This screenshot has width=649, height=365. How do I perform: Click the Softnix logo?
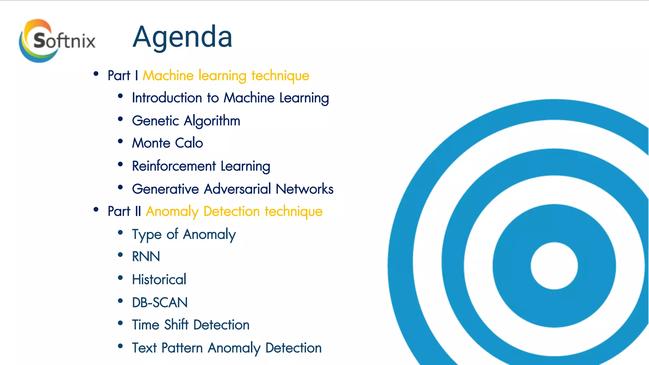(x=57, y=41)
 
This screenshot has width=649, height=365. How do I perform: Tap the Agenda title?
(x=182, y=37)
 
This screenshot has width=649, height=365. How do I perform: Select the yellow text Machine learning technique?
(x=226, y=76)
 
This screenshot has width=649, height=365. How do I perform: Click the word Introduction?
(x=167, y=98)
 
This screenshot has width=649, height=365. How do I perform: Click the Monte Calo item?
(x=167, y=143)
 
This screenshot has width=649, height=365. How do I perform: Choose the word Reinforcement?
(x=174, y=166)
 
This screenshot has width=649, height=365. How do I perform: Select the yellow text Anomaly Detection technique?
(x=234, y=211)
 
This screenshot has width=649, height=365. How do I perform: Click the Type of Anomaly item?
(x=184, y=235)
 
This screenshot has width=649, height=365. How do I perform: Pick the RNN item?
(x=146, y=257)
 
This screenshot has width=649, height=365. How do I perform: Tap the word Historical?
(x=159, y=279)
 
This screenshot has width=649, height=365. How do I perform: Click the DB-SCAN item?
(x=160, y=303)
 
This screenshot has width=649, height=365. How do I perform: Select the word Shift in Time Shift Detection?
(x=176, y=325)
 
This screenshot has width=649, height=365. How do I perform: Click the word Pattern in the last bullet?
(x=182, y=348)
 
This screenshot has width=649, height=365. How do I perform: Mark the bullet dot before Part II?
(x=96, y=209)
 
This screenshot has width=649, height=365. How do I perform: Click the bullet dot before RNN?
(x=120, y=255)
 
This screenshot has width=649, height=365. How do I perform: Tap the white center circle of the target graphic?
(x=554, y=266)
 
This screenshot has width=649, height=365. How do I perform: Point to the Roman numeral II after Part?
(x=138, y=211)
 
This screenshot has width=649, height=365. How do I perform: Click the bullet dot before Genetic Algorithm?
(x=120, y=119)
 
